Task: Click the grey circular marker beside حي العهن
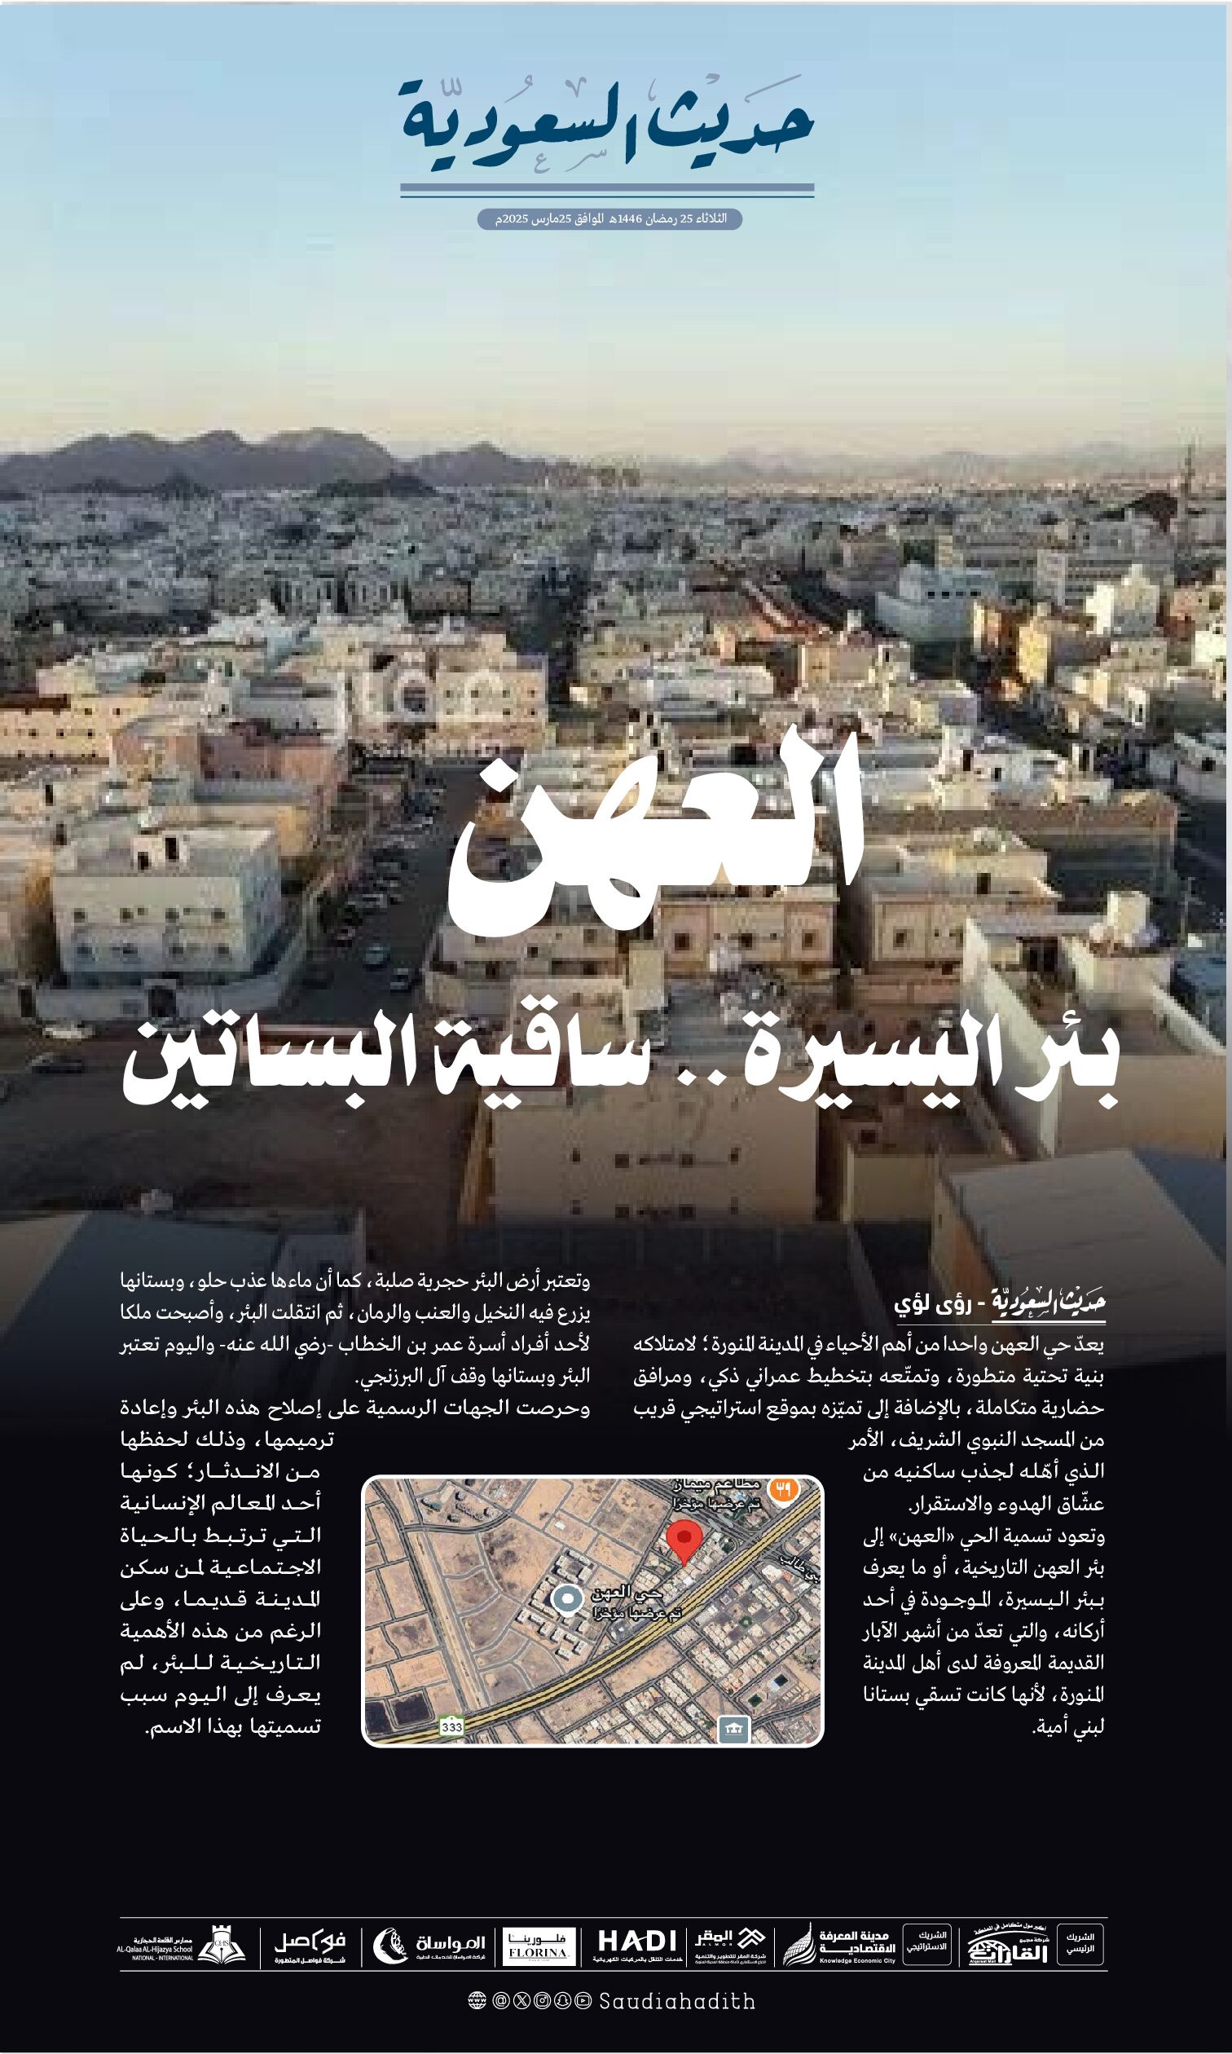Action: click(x=568, y=1598)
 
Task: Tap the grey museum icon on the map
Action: click(x=733, y=1728)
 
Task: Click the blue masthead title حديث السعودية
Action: click(x=607, y=125)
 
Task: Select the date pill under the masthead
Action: click(x=609, y=219)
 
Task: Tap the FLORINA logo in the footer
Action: click(x=539, y=1946)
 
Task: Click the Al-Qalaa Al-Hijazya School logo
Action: click(x=182, y=1946)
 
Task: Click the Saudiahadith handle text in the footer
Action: click(x=676, y=2002)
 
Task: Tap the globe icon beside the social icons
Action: click(x=477, y=2002)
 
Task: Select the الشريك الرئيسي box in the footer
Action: click(x=1080, y=1945)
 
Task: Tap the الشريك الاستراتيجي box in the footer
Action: click(x=926, y=1944)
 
